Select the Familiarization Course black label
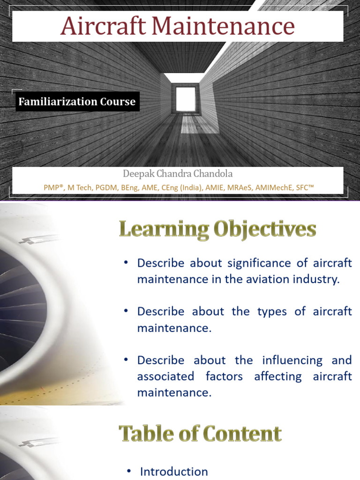77,102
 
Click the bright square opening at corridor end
185,98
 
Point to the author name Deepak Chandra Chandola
178,174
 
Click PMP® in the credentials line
54,187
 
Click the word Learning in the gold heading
162,231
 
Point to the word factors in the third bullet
225,376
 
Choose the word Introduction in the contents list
174,472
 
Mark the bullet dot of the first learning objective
126,263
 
